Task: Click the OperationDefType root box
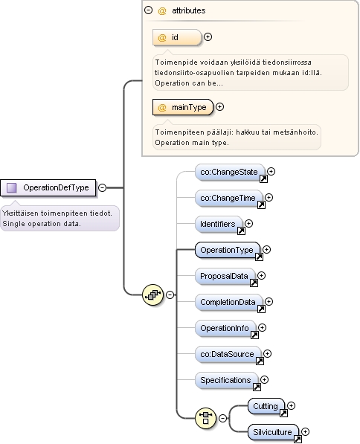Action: tap(48, 187)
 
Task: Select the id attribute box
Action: tap(177, 37)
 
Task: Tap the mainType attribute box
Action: tap(183, 107)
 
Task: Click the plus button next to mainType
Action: tap(220, 107)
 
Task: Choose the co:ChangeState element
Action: tap(230, 172)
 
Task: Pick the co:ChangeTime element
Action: tap(229, 198)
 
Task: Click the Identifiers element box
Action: tap(219, 224)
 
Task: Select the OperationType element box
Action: tap(228, 250)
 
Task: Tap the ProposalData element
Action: tap(225, 276)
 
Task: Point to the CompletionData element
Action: tap(229, 302)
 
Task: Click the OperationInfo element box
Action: tap(225, 328)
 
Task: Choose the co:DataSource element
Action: tap(228, 354)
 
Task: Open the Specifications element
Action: tap(227, 380)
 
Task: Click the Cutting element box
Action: tap(266, 406)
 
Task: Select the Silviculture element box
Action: tap(273, 432)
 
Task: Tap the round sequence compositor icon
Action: tap(152, 295)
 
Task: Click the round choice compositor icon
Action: tap(205, 418)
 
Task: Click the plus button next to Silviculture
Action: tap(306, 432)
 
